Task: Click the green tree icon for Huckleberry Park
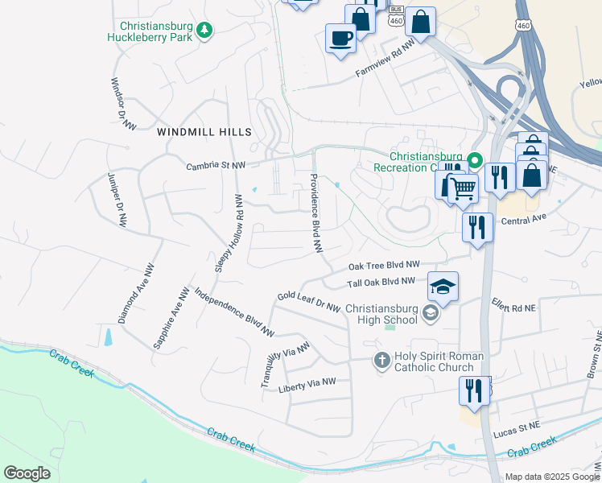(205, 31)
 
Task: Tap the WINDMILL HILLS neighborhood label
(204, 132)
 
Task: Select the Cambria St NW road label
(215, 165)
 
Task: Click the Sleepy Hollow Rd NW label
(239, 231)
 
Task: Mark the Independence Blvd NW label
(234, 312)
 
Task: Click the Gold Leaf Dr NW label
(309, 302)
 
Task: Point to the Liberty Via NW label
(307, 386)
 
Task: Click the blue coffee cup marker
(340, 37)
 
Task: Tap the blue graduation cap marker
(443, 286)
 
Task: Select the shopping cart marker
(463, 189)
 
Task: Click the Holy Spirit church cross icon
(382, 361)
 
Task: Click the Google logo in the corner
(27, 473)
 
